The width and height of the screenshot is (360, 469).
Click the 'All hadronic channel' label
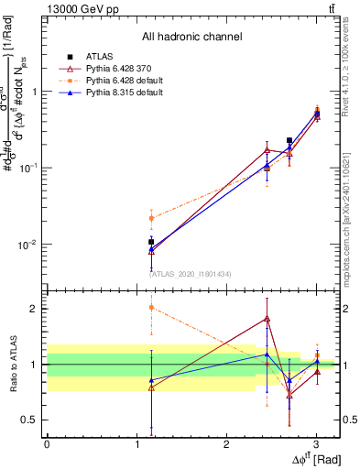coord(191,37)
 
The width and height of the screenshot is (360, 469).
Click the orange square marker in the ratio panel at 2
coord(151,308)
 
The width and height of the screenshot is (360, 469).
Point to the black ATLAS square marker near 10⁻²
coord(151,243)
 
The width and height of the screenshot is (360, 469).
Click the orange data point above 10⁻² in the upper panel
coord(151,218)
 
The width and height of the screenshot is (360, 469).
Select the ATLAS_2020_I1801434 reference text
coord(191,273)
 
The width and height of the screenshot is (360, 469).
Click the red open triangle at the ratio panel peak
coord(267,319)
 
